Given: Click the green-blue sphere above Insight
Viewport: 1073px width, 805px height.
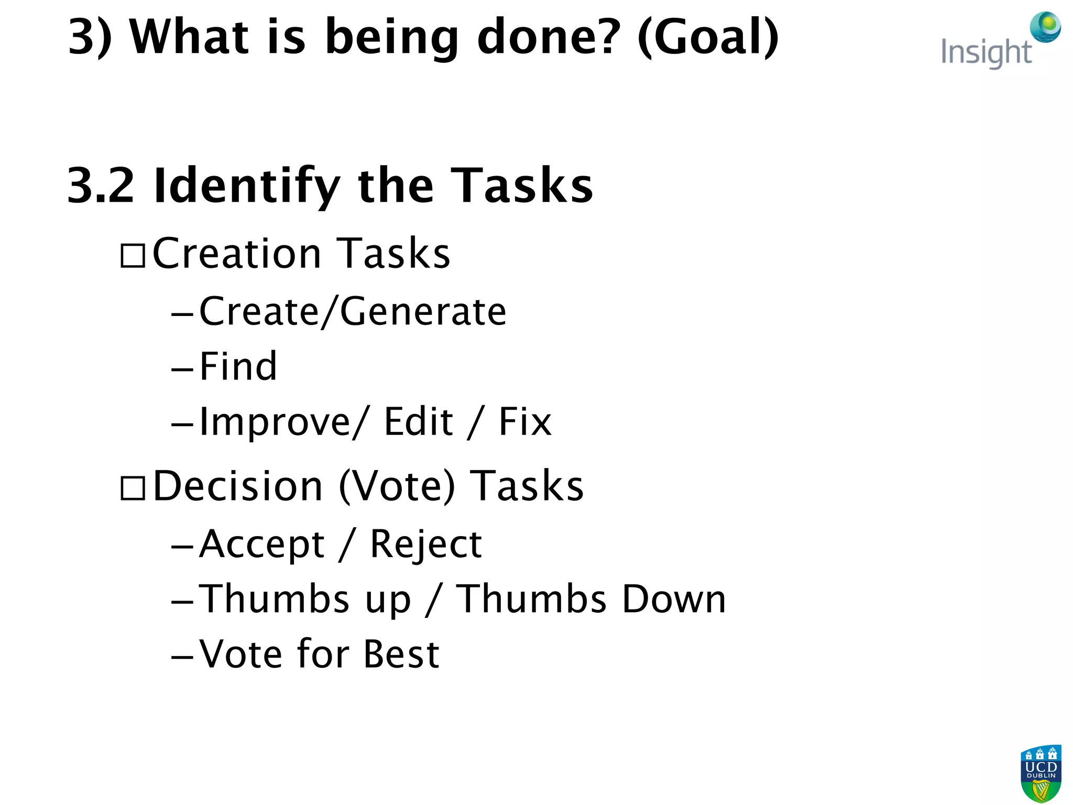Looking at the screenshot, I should [x=1045, y=27].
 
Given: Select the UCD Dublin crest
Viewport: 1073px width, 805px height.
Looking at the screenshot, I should [x=1041, y=774].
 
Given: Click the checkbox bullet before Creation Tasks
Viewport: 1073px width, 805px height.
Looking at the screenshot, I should [x=133, y=256].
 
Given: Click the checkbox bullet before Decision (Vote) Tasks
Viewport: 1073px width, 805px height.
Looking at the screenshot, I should [x=133, y=488].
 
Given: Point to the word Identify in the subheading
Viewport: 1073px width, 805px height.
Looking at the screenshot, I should [x=247, y=187].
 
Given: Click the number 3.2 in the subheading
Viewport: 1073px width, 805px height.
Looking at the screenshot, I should [x=101, y=186].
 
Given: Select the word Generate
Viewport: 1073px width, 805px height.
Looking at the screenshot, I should [x=423, y=312].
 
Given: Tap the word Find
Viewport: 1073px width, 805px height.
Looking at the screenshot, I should [x=238, y=366].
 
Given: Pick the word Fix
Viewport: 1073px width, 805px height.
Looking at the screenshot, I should [x=525, y=421].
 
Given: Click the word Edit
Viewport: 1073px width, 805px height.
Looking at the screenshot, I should [x=418, y=421].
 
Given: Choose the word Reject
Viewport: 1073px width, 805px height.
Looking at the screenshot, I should [x=425, y=545].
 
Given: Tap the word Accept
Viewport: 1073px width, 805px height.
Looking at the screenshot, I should [x=262, y=545].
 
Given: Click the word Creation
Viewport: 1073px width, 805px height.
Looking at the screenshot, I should [x=236, y=254].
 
